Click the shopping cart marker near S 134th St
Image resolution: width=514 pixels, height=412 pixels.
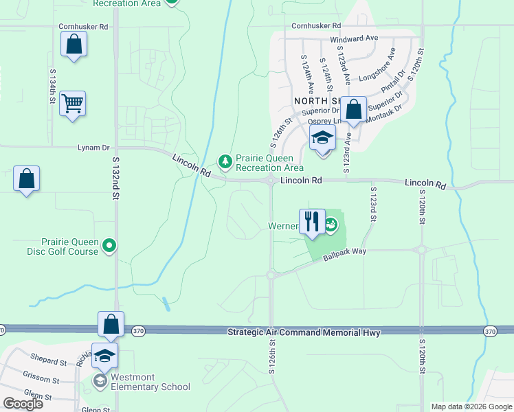pyautogui.click(x=72, y=104)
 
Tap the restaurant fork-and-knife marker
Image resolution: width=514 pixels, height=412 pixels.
pyautogui.click(x=312, y=221)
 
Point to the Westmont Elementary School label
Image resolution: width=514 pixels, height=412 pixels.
pyautogui.click(x=146, y=387)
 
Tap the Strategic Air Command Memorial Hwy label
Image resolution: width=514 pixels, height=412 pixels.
pyautogui.click(x=303, y=332)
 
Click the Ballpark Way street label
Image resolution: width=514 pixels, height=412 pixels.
pyautogui.click(x=346, y=251)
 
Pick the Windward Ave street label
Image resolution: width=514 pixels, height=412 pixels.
pyautogui.click(x=354, y=38)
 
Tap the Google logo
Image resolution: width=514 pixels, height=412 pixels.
pyautogui.click(x=23, y=404)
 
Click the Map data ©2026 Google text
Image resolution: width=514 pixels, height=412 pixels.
pyautogui.click(x=471, y=407)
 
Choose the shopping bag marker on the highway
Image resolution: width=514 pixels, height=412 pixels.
pyautogui.click(x=111, y=325)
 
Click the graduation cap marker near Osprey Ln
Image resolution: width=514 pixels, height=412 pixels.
pyautogui.click(x=322, y=137)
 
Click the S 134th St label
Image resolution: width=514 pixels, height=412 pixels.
pyautogui.click(x=52, y=86)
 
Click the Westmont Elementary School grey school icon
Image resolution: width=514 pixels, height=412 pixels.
pyautogui.click(x=101, y=380)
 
